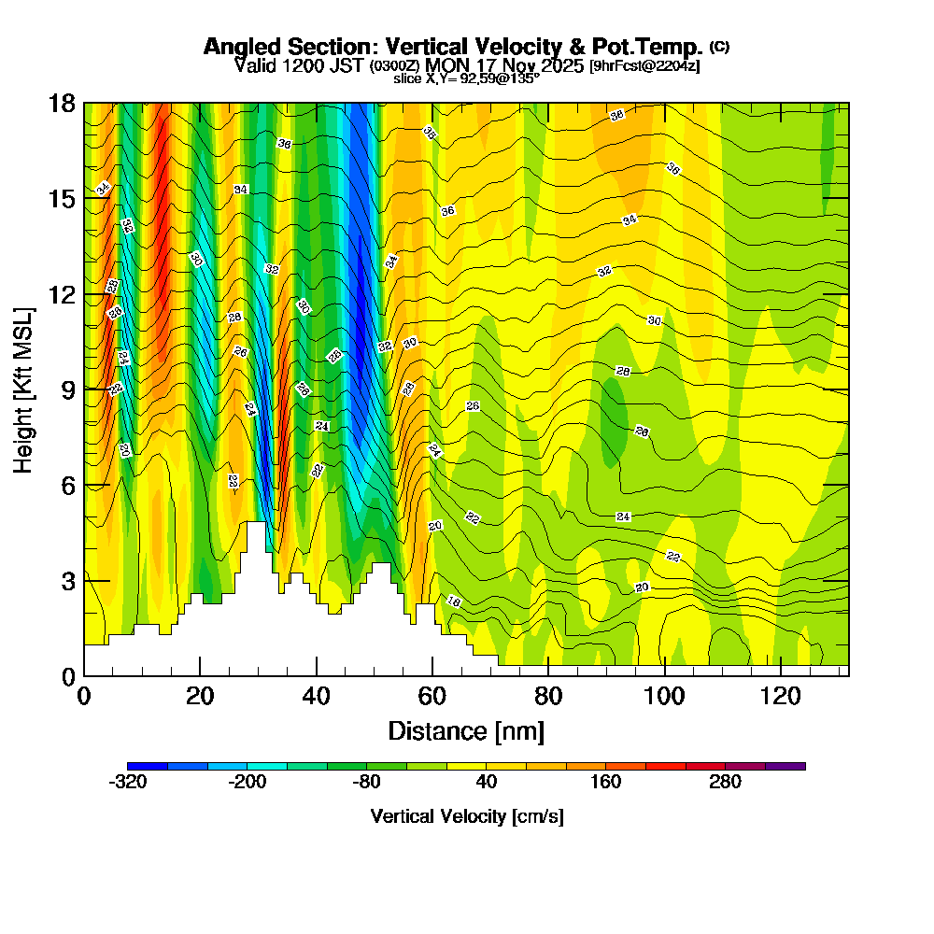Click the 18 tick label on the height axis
(63, 104)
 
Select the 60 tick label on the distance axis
(432, 696)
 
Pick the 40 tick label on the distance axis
(317, 696)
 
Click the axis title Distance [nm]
(466, 730)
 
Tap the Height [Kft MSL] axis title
(23, 389)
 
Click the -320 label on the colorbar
(128, 783)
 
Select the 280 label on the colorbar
(726, 783)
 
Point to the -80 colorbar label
(367, 783)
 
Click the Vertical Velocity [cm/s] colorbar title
(466, 817)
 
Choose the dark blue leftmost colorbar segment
(148, 766)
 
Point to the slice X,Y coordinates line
(466, 79)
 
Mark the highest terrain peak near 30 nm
(254, 524)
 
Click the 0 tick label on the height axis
(68, 676)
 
